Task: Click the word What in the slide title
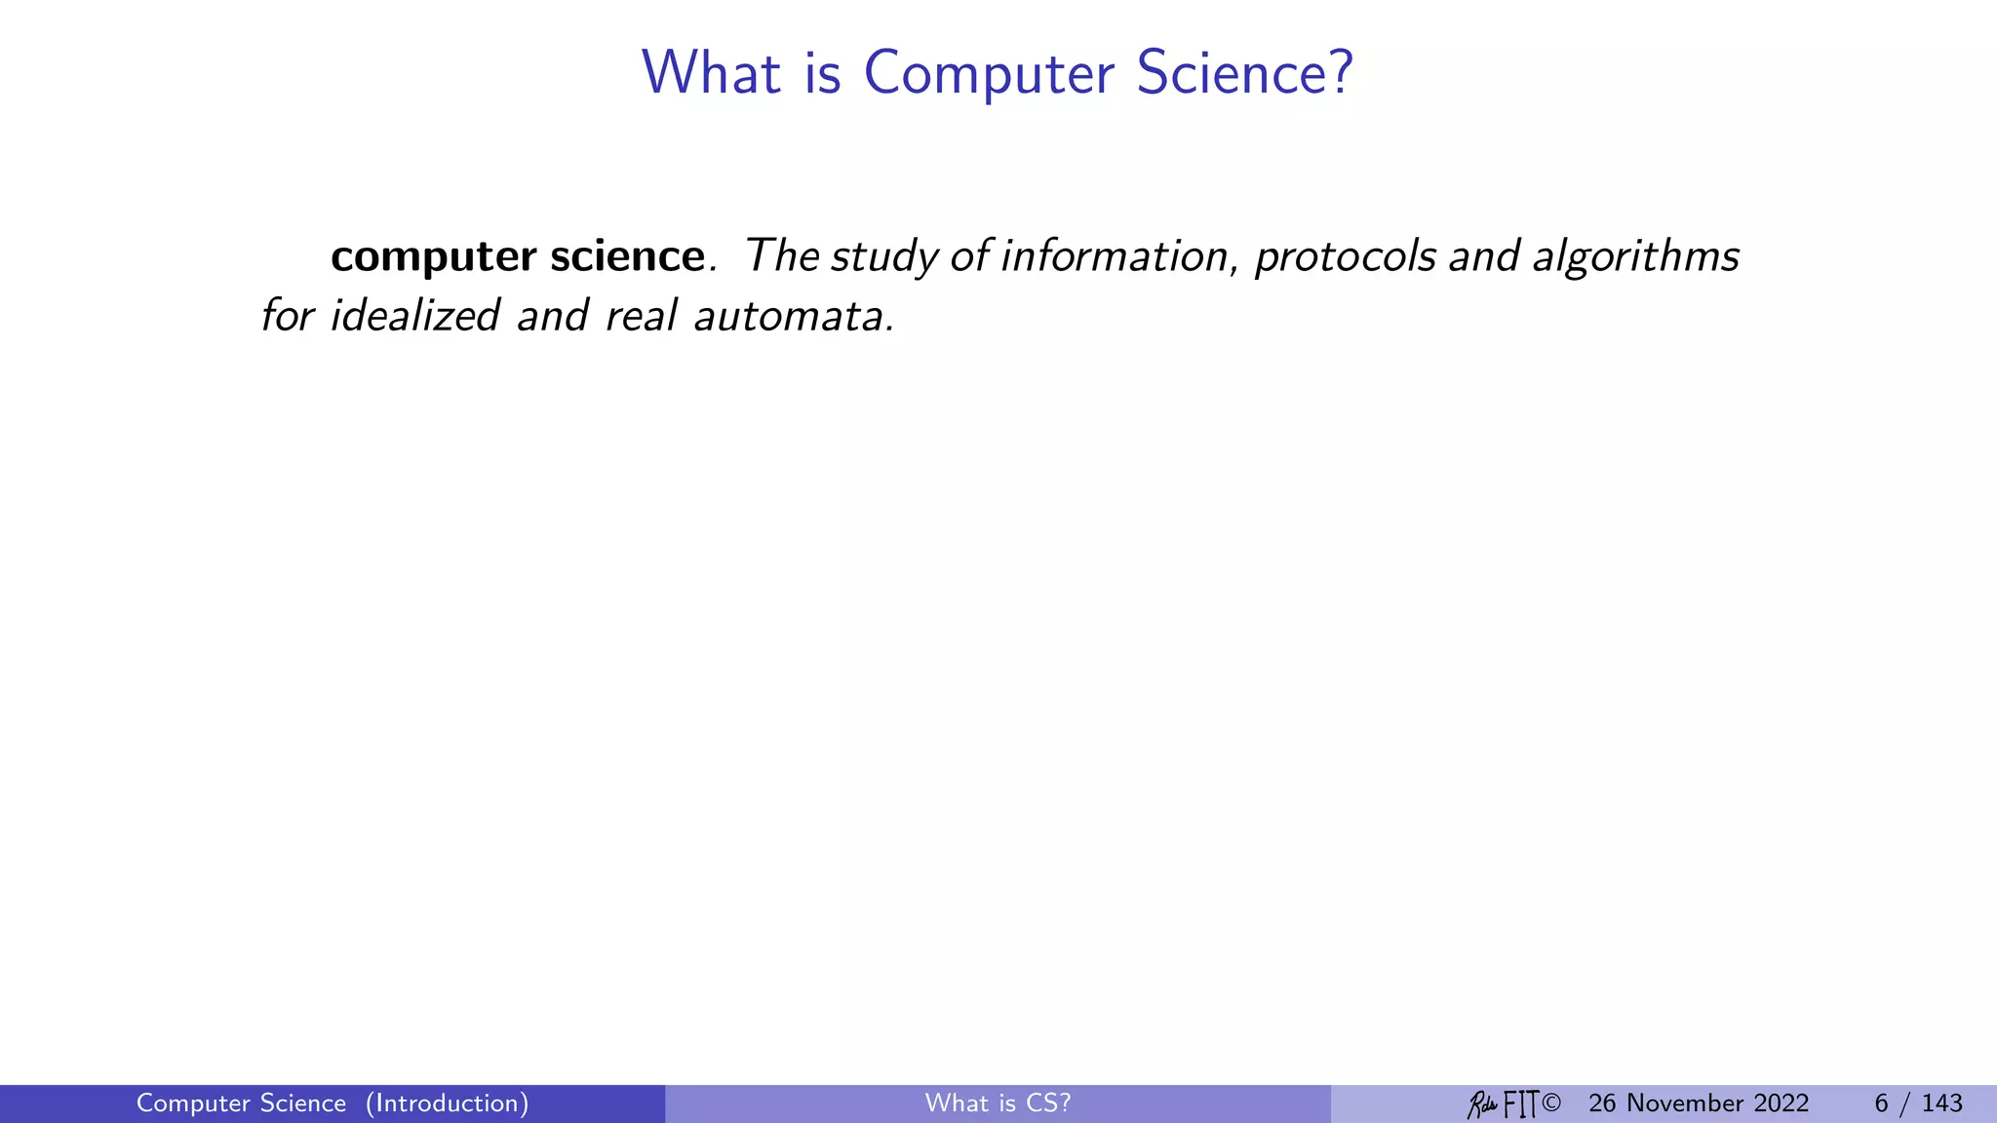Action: [711, 73]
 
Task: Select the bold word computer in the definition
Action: [433, 257]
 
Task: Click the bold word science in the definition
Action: [627, 256]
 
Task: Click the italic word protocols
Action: [1345, 257]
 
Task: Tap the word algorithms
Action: [1635, 257]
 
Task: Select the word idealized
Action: [414, 316]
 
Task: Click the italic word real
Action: [640, 316]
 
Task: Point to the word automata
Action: [791, 316]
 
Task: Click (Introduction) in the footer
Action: [447, 1104]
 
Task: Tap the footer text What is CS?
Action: [998, 1104]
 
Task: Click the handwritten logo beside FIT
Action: [1482, 1104]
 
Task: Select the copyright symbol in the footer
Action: [1552, 1104]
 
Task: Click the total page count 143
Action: [1941, 1104]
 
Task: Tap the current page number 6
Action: [1881, 1104]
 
